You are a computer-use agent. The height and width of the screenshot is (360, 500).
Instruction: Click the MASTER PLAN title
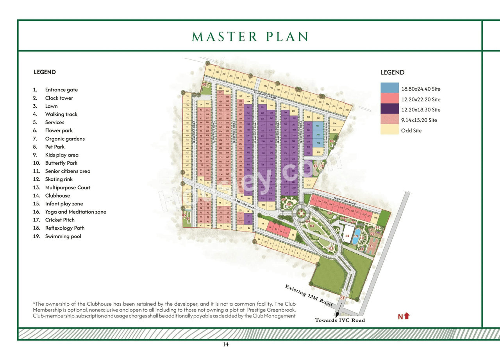pyautogui.click(x=250, y=37)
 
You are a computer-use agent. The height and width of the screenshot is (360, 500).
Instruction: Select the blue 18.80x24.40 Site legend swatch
pyautogui.click(x=389, y=89)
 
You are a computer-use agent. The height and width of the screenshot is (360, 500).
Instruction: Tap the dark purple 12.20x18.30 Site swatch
pyautogui.click(x=389, y=110)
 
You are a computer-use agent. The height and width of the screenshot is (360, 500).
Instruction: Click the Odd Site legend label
pyautogui.click(x=411, y=131)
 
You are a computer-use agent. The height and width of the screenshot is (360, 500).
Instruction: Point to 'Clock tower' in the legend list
pyautogui.click(x=59, y=98)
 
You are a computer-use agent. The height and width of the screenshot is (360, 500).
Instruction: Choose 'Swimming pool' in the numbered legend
pyautogui.click(x=63, y=236)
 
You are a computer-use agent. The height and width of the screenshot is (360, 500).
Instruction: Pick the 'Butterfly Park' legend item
pyautogui.click(x=61, y=163)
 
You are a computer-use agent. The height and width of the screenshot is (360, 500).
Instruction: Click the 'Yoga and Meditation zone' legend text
pyautogui.click(x=75, y=212)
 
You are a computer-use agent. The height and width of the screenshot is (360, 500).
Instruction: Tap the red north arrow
pyautogui.click(x=407, y=316)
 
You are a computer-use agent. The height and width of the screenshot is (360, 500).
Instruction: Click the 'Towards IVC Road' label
pyautogui.click(x=340, y=320)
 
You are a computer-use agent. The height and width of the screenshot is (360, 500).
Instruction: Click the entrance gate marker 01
pyautogui.click(x=342, y=299)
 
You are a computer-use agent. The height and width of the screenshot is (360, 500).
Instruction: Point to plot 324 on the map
pyautogui.click(x=375, y=217)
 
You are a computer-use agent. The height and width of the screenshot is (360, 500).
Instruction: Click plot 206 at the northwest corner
pyautogui.click(x=210, y=71)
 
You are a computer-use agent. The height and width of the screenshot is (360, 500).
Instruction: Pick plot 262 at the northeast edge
pyautogui.click(x=347, y=110)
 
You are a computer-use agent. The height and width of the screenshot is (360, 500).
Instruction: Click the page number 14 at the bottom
pyautogui.click(x=226, y=344)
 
